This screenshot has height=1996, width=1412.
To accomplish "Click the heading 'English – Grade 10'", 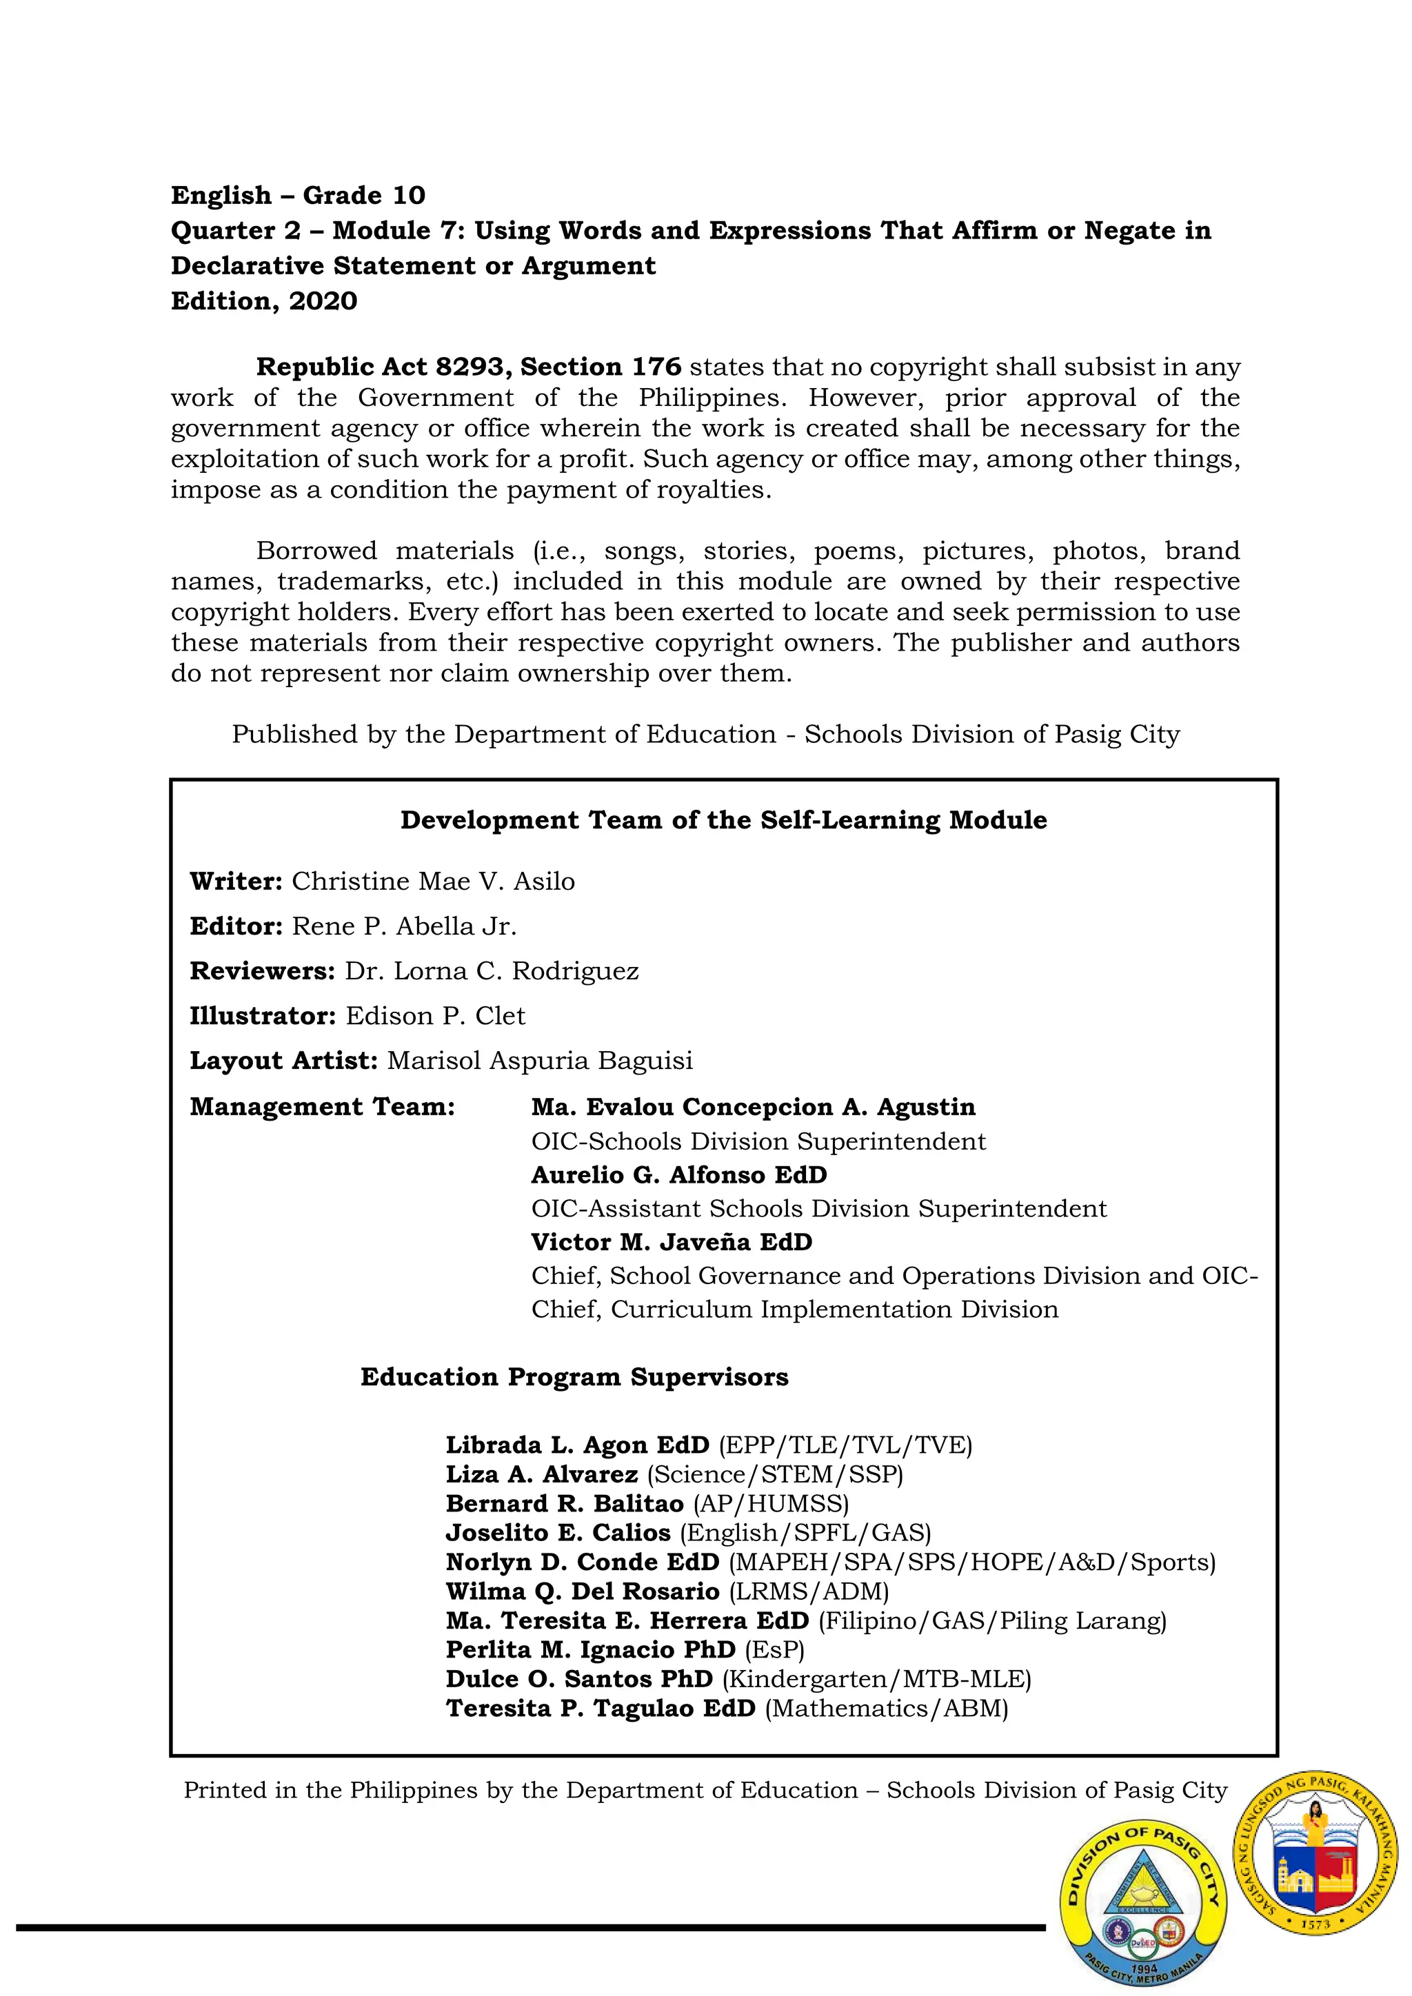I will pyautogui.click(x=297, y=195).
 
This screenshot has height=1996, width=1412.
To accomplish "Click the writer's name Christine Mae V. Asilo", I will pyautogui.click(x=433, y=881).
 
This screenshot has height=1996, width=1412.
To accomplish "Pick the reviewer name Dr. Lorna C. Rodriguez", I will pyautogui.click(x=492, y=971).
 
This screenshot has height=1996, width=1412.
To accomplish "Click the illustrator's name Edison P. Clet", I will pyautogui.click(x=435, y=1015).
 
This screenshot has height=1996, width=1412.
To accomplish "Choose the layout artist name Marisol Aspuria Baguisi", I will pyautogui.click(x=540, y=1061).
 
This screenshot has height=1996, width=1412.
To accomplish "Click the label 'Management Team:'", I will pyautogui.click(x=323, y=1107).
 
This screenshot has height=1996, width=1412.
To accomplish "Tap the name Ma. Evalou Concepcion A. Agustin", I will pyautogui.click(x=753, y=1107).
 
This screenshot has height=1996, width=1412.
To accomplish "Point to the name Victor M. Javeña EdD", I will pyautogui.click(x=672, y=1241).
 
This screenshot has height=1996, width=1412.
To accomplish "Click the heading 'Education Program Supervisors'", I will pyautogui.click(x=574, y=1377).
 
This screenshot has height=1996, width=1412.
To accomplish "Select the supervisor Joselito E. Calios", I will pyautogui.click(x=558, y=1533).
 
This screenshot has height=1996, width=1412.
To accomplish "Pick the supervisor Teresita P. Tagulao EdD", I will pyautogui.click(x=601, y=1709).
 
